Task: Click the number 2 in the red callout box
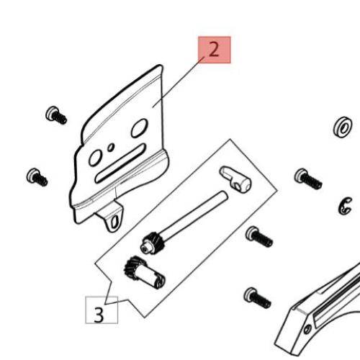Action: pyautogui.click(x=214, y=50)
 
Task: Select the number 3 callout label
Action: pyautogui.click(x=99, y=314)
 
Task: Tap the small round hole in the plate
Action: pyautogui.click(x=111, y=147)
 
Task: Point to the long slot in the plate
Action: pyautogui.click(x=120, y=163)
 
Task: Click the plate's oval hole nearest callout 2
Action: pyautogui.click(x=139, y=128)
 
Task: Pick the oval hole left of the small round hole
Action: pyautogui.click(x=94, y=158)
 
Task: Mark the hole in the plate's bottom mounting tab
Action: pyautogui.click(x=115, y=222)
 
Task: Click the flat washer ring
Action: pyautogui.click(x=343, y=127)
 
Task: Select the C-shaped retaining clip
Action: pyautogui.click(x=345, y=206)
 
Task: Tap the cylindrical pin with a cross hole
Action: pyautogui.click(x=235, y=179)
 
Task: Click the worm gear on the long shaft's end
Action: pyautogui.click(x=153, y=243)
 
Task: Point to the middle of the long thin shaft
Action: pyautogui.click(x=195, y=214)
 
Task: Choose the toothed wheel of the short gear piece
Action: pyautogui.click(x=132, y=267)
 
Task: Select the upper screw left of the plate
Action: pyautogui.click(x=56, y=115)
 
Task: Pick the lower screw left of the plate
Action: pyautogui.click(x=37, y=177)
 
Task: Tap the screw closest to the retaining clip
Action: pyautogui.click(x=308, y=179)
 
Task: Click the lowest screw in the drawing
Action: pyautogui.click(x=257, y=297)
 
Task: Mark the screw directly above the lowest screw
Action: pyautogui.click(x=259, y=237)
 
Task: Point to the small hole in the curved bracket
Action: pyautogui.click(x=307, y=328)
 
